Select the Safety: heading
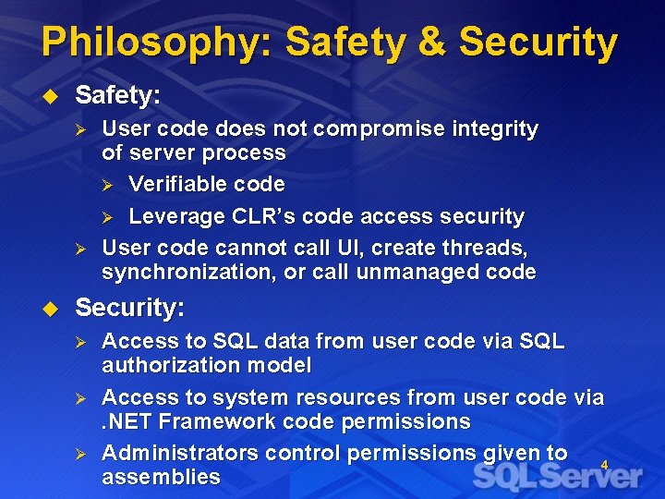pyautogui.click(x=118, y=95)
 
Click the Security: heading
pyautogui.click(x=129, y=308)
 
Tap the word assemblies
pyautogui.click(x=161, y=478)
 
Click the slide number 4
pyautogui.click(x=604, y=465)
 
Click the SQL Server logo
pyautogui.click(x=558, y=477)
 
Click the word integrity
pyautogui.click(x=495, y=129)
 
